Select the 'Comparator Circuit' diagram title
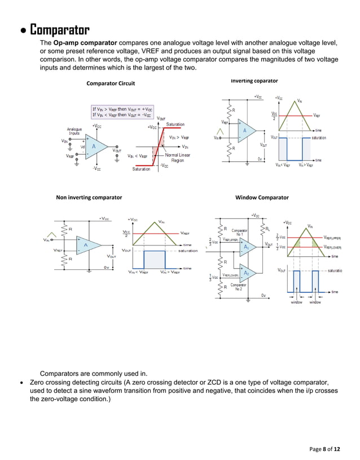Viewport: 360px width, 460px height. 111,84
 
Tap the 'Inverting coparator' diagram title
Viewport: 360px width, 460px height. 254,81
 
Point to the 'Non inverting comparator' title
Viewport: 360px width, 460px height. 89,198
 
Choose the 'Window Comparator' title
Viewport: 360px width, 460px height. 262,198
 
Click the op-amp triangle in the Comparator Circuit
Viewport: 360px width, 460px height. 96,146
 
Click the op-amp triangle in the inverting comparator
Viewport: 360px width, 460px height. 247,132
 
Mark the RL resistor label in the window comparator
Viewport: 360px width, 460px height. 269,229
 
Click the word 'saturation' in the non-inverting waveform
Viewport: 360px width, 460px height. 192,251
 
